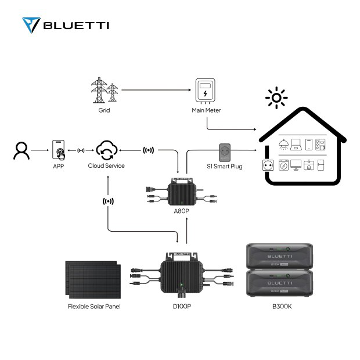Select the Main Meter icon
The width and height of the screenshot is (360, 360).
(x=206, y=92)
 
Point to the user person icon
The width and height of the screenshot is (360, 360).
(x=21, y=150)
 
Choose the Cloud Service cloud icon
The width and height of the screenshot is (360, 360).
(x=106, y=150)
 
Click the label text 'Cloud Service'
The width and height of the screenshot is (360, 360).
(x=106, y=166)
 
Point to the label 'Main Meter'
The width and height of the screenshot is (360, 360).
(x=206, y=110)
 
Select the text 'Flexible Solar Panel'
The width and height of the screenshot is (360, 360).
(x=94, y=306)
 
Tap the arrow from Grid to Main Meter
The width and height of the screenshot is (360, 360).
(x=156, y=90)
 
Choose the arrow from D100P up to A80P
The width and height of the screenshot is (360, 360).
(x=186, y=232)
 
